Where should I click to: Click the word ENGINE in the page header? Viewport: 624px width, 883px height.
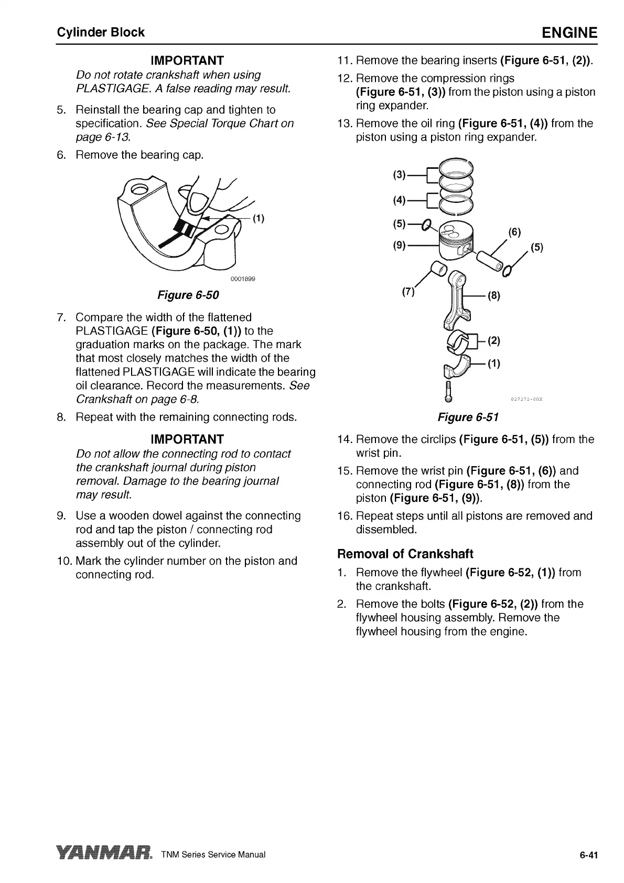pyautogui.click(x=569, y=33)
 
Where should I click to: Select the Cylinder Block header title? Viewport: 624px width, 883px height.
pyautogui.click(x=101, y=33)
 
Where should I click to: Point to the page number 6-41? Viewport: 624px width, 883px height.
pyautogui.click(x=588, y=855)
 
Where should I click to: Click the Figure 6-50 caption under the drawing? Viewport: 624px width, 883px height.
pyautogui.click(x=188, y=295)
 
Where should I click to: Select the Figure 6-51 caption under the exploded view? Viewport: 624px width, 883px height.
pyautogui.click(x=468, y=417)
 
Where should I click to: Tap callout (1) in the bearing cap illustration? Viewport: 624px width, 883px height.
pyautogui.click(x=258, y=219)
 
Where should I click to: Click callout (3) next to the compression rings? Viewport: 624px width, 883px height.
pyautogui.click(x=400, y=175)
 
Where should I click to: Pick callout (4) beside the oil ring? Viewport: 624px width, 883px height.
pyautogui.click(x=400, y=200)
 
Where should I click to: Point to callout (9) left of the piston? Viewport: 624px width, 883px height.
pyautogui.click(x=400, y=245)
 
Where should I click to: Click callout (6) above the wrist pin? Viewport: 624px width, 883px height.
pyautogui.click(x=515, y=233)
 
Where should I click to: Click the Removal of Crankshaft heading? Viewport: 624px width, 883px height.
pyautogui.click(x=405, y=554)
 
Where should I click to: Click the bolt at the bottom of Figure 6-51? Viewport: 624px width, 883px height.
pyautogui.click(x=448, y=391)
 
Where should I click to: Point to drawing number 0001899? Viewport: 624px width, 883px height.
pyautogui.click(x=243, y=278)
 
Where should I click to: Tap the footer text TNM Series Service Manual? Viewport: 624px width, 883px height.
pyautogui.click(x=214, y=855)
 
